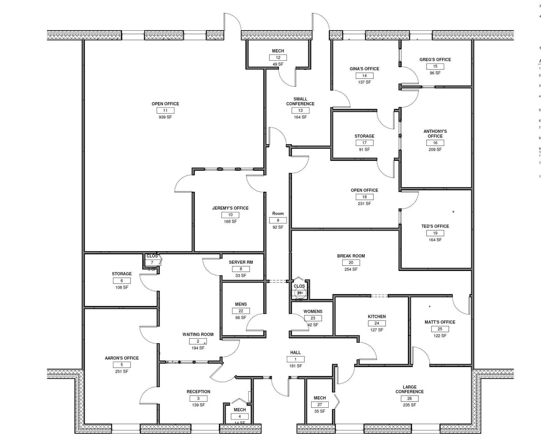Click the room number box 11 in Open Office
[165, 110]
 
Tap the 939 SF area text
[165, 117]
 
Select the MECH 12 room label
[278, 51]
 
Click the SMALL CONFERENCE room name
[300, 101]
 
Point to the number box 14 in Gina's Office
[364, 76]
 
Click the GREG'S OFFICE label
[435, 60]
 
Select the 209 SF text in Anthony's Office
[435, 150]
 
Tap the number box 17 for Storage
[364, 143]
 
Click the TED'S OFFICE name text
[435, 226]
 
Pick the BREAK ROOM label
[351, 256]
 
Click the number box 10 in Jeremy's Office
[230, 215]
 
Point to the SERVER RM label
[241, 262]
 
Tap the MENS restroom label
[241, 304]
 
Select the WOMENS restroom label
[313, 311]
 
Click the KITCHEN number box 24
[377, 323]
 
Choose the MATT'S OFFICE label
[440, 322]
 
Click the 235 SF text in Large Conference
[409, 405]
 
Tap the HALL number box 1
[295, 359]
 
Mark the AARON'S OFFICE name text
[122, 358]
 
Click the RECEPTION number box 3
[198, 398]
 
